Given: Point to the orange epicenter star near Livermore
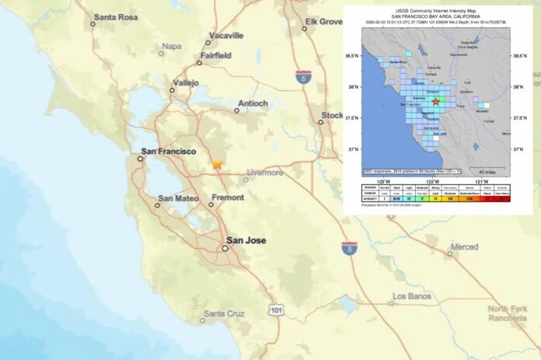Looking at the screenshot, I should point(217,165).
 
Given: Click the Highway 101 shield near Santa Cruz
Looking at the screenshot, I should point(275,311).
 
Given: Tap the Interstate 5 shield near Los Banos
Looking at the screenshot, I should point(350,247).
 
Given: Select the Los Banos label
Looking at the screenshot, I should point(411,296).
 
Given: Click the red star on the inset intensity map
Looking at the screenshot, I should point(435,102).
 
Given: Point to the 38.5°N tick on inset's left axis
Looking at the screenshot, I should point(352,56).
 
